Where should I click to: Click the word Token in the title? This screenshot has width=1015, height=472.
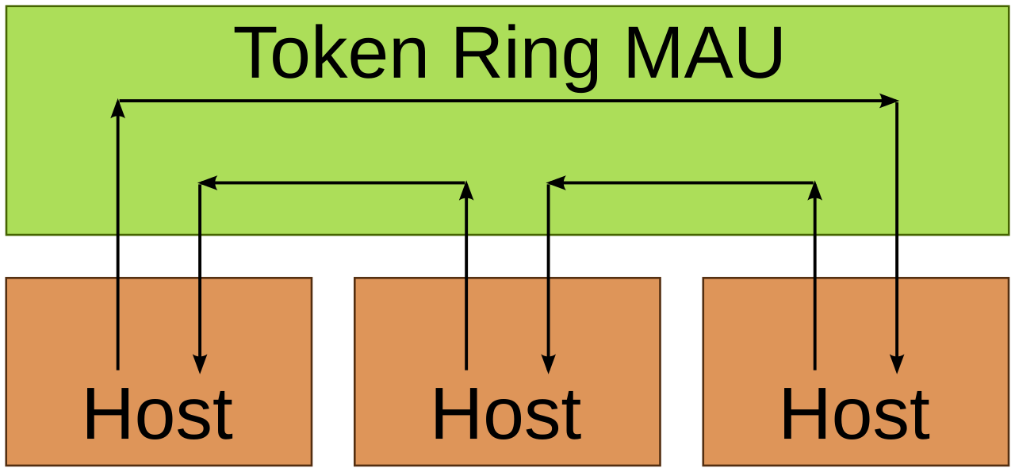(x=331, y=52)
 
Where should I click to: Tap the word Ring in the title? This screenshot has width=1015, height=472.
(x=526, y=58)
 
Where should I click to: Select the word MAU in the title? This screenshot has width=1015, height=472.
(x=704, y=52)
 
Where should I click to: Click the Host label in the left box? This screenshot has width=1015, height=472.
(x=159, y=413)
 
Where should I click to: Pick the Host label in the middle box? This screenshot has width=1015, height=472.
(x=507, y=413)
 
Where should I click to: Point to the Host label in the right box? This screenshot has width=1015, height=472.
(x=856, y=413)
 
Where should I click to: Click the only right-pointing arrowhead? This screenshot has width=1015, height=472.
(x=889, y=101)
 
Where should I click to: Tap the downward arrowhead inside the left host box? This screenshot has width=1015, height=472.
(x=200, y=364)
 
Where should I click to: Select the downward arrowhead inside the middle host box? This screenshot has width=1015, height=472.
(x=548, y=364)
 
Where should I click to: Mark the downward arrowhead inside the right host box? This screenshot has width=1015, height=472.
(x=897, y=364)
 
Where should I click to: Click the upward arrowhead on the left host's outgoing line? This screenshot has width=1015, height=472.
(x=118, y=109)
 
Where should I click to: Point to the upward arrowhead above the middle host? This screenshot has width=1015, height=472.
(x=466, y=191)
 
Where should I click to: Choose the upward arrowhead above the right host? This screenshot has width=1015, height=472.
(x=814, y=191)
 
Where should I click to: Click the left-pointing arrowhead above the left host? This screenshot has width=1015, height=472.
(x=208, y=182)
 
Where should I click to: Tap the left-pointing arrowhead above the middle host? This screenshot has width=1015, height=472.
(x=557, y=182)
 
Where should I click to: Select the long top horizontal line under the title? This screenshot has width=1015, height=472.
(x=508, y=101)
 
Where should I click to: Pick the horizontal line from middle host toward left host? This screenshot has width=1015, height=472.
(x=332, y=182)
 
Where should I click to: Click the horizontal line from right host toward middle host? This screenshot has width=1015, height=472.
(x=681, y=182)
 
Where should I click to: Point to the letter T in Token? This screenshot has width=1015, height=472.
(x=255, y=52)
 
